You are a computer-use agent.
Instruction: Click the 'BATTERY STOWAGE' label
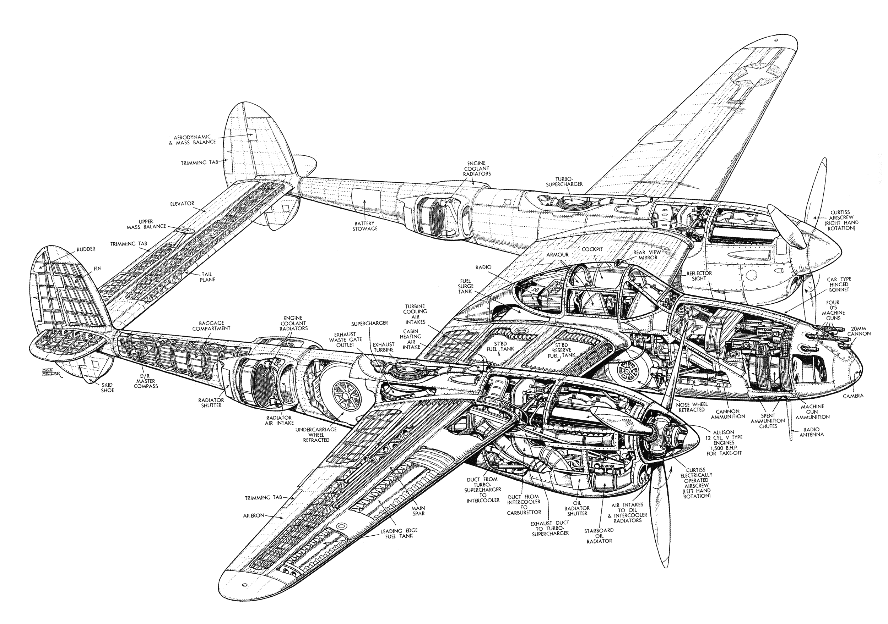coord(365,226)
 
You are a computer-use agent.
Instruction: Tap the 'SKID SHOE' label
coord(107,387)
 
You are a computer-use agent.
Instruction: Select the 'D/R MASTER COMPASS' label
coord(146,381)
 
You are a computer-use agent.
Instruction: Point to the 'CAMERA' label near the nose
coord(853,396)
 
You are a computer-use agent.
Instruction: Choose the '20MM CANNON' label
coord(859,331)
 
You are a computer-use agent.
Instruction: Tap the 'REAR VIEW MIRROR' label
coord(647,255)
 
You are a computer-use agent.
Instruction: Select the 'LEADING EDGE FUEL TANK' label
coord(399,533)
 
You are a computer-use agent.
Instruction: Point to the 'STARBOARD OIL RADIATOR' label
coord(599,536)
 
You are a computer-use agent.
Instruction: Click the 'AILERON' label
coord(253,515)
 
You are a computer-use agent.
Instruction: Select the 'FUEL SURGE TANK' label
coord(465,286)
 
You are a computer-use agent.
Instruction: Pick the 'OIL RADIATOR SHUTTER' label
coord(577,508)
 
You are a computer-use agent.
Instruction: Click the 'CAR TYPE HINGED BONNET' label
coord(839,285)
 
